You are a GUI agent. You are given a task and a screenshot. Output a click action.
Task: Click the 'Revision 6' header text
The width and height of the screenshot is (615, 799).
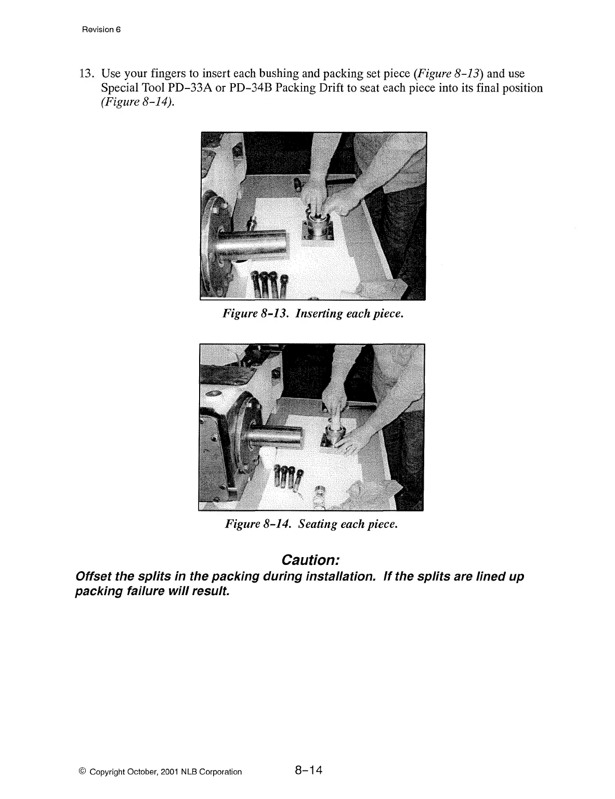pos(101,29)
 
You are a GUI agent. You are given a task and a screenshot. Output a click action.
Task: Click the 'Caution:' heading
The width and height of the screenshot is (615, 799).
pos(310,561)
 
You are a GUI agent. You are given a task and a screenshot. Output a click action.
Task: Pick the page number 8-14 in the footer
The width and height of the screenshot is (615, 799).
pos(308,770)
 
